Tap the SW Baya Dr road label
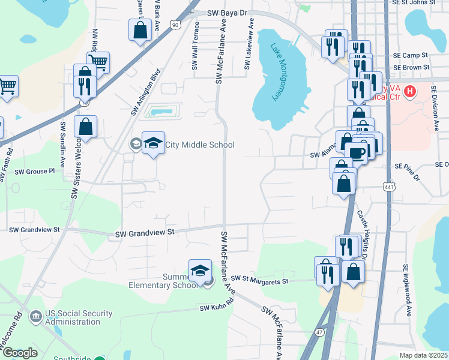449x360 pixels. click(227, 13)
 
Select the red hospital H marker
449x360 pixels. click(410, 92)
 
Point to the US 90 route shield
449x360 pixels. click(174, 25)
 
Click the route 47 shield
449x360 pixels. click(318, 332)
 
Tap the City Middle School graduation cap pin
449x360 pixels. click(153, 143)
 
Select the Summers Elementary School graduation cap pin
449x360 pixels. click(200, 271)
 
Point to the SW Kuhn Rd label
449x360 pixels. click(216, 308)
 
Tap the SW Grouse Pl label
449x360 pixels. click(35, 172)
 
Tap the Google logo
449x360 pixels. click(20, 353)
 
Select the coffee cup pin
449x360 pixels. click(357, 152)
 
